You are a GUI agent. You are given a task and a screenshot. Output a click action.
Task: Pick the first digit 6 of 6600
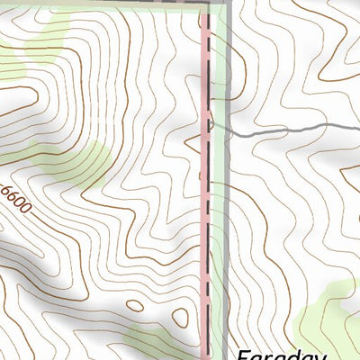(x=7, y=190)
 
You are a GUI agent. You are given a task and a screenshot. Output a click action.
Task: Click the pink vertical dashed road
(x=209, y=225)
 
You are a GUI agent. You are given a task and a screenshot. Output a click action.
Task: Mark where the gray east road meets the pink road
(x=211, y=127)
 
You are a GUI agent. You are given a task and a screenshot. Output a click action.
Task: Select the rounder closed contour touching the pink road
(x=180, y=316)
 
